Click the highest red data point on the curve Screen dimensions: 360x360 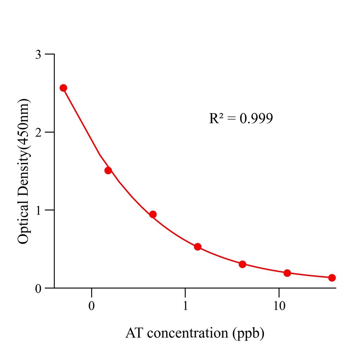pos(63,88)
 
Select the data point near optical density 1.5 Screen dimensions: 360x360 pos(108,171)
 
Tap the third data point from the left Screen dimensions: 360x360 pos(153,214)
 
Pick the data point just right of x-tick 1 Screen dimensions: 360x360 pos(198,247)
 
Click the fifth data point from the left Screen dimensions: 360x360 pos(242,264)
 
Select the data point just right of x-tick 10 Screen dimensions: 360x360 pos(287,273)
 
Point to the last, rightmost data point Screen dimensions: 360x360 pos(332,278)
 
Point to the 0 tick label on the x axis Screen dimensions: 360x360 pos(91,306)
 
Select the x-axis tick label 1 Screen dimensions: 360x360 pos(185,306)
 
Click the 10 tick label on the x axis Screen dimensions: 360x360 pos(279,306)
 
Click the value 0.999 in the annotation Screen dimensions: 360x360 pos(256,119)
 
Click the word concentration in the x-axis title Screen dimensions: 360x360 pos(187,333)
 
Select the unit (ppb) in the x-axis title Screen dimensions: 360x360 pos(248,333)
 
